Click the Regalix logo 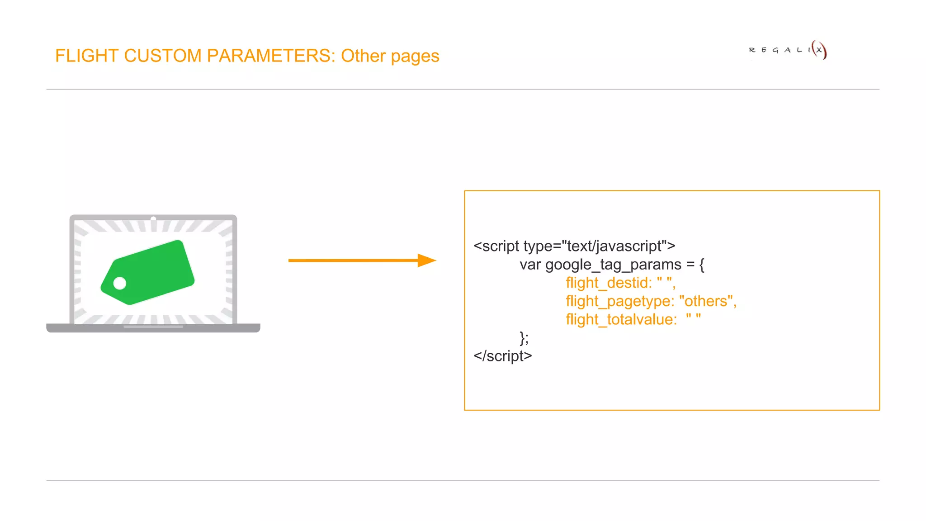tap(787, 50)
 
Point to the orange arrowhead tap(426, 260)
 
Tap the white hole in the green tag tap(120, 284)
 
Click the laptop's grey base tap(153, 328)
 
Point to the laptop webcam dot tap(153, 219)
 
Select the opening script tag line tap(574, 246)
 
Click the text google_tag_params tap(613, 265)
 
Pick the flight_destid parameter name tap(608, 283)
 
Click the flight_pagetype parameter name tap(619, 301)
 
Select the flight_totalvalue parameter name tap(621, 320)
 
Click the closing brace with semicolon tap(524, 338)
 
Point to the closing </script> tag tap(502, 356)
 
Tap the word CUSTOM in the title tap(163, 56)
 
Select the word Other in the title tap(363, 56)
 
